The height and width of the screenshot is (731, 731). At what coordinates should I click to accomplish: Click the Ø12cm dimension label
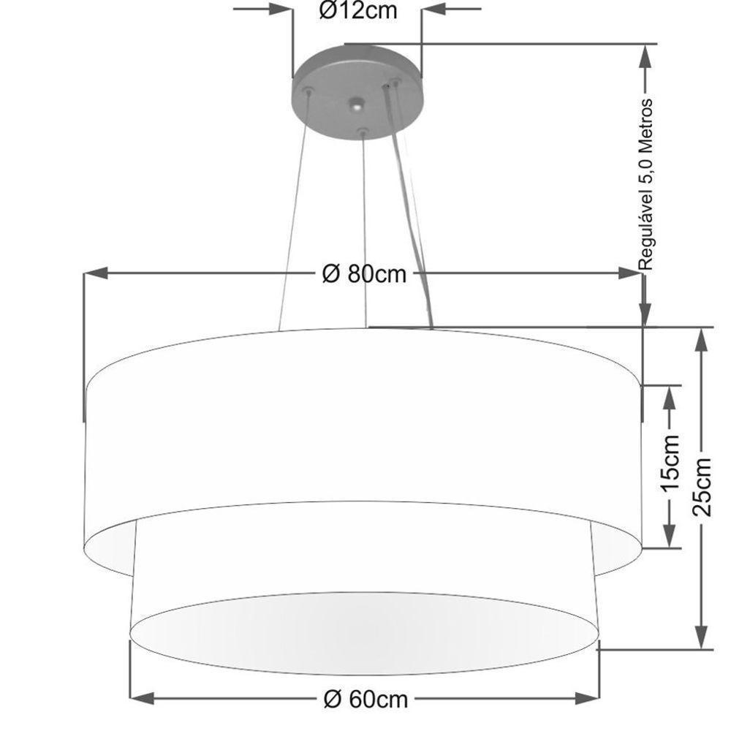[x=358, y=11]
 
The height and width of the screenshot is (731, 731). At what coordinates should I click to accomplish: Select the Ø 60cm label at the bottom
[x=365, y=699]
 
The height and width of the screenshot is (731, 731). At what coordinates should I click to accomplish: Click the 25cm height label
[x=702, y=486]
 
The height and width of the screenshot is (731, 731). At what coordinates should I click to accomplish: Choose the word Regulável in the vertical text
[x=646, y=232]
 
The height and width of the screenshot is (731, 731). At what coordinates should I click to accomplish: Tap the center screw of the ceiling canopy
[x=356, y=106]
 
